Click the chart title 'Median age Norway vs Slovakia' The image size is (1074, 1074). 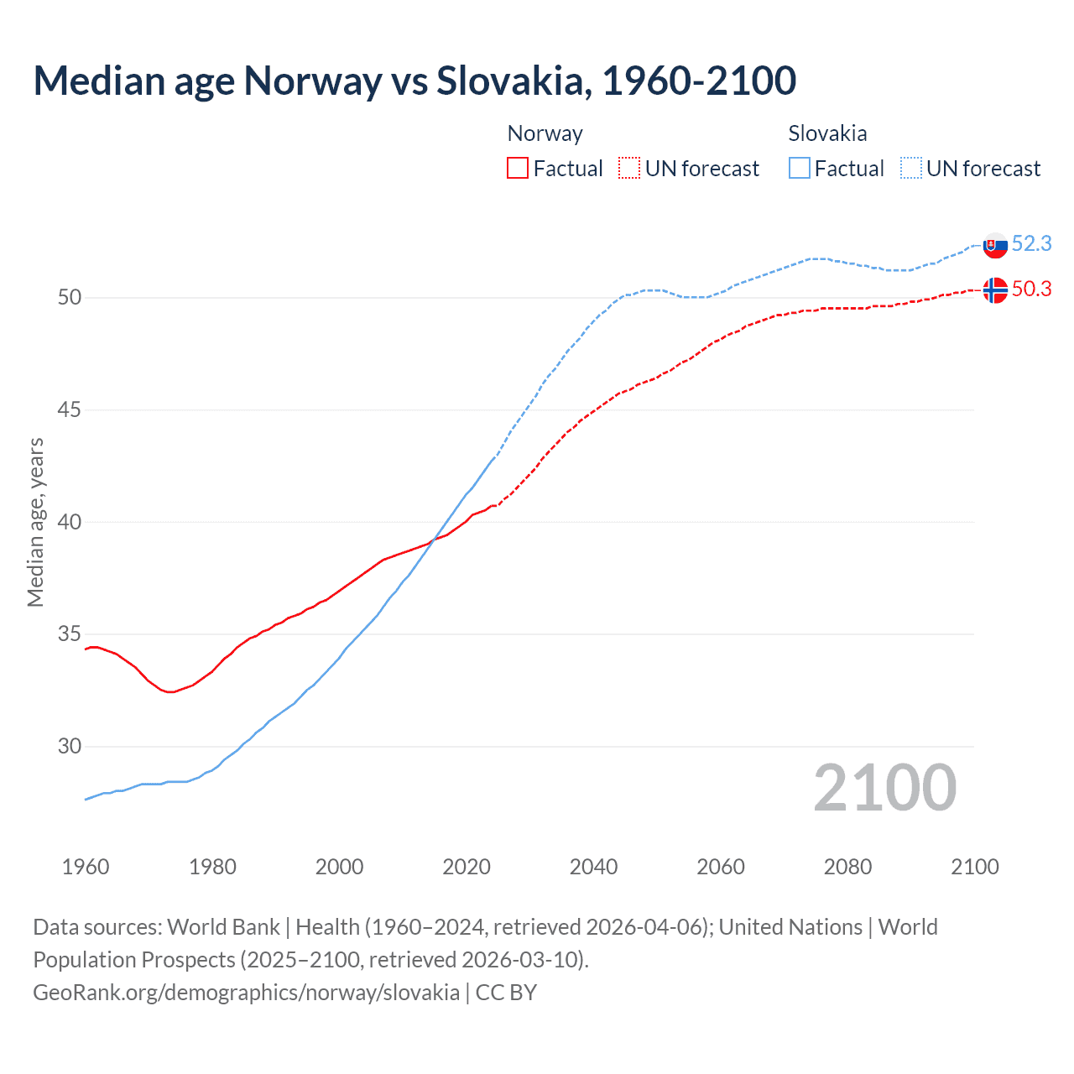(414, 81)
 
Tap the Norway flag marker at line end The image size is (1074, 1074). (994, 289)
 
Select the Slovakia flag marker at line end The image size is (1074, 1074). (994, 246)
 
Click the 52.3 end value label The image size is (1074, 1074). (1031, 243)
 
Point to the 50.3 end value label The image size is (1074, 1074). (1031, 289)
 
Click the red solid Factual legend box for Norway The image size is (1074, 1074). (518, 169)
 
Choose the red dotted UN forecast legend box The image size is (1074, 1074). (629, 169)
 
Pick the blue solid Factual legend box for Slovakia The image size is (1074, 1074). (800, 169)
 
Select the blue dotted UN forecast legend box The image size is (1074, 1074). (911, 169)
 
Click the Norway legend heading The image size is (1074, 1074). (545, 133)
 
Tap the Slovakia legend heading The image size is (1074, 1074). (827, 133)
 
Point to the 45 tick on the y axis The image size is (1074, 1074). (70, 409)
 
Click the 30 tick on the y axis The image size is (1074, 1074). (70, 746)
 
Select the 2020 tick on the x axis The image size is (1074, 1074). (467, 867)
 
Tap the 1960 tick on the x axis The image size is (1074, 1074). (86, 867)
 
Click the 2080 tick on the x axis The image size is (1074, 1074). (847, 867)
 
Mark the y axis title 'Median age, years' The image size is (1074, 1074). (35, 522)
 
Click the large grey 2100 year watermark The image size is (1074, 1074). (884, 787)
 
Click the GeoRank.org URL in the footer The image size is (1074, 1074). (246, 992)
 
